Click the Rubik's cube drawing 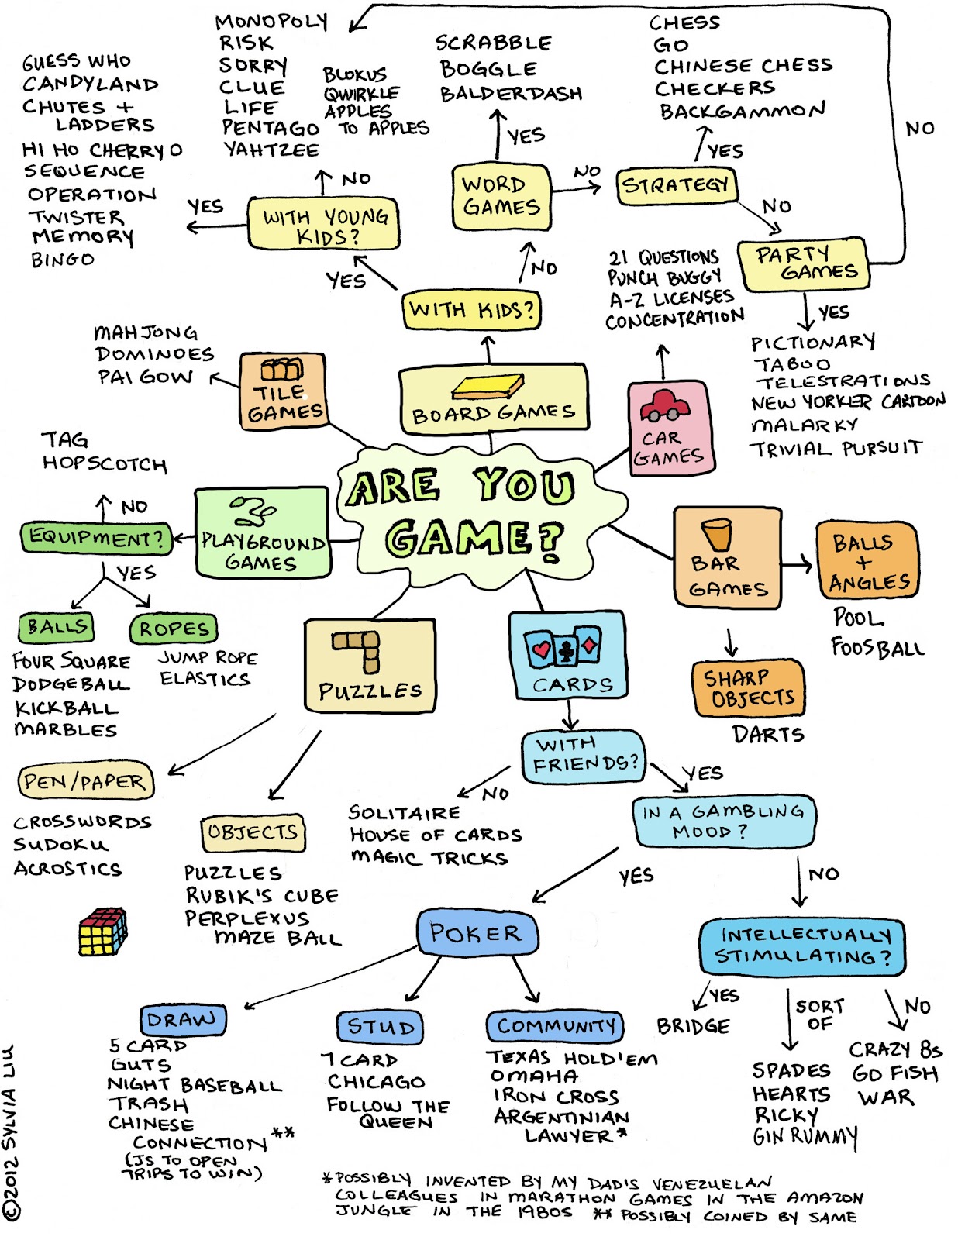(x=103, y=931)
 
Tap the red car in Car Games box (x=664, y=405)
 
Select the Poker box (x=477, y=932)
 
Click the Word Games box (x=501, y=197)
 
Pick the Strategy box (x=676, y=186)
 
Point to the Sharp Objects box (x=748, y=688)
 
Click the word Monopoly (x=271, y=22)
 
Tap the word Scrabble (x=494, y=43)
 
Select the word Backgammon (x=743, y=111)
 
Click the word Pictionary (x=813, y=342)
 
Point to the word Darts (x=768, y=734)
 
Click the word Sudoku (x=61, y=845)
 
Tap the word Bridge (x=693, y=1026)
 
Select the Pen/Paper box (x=85, y=781)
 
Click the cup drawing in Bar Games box (x=716, y=534)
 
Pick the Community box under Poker (x=555, y=1026)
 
